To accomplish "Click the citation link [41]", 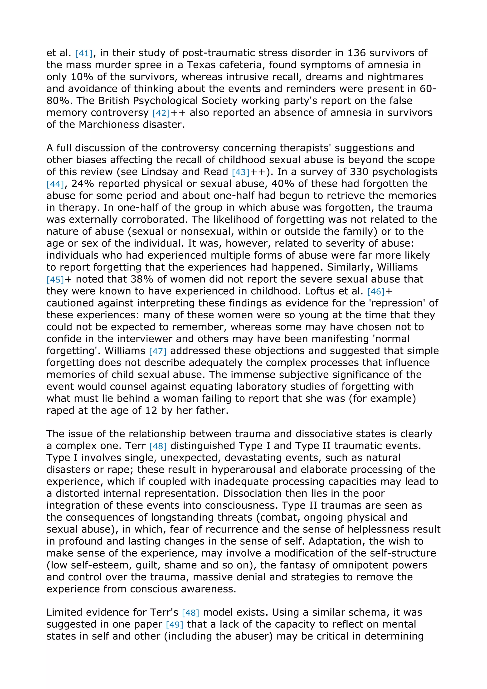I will coord(84,53).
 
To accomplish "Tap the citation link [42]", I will coord(161,113).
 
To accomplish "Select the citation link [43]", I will coord(241,172).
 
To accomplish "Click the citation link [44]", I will coord(55,184).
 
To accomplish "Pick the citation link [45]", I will coord(55,280).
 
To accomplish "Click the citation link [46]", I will coord(376,292).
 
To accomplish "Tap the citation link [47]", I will coord(157,351).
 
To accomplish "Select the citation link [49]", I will coord(174,625).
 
